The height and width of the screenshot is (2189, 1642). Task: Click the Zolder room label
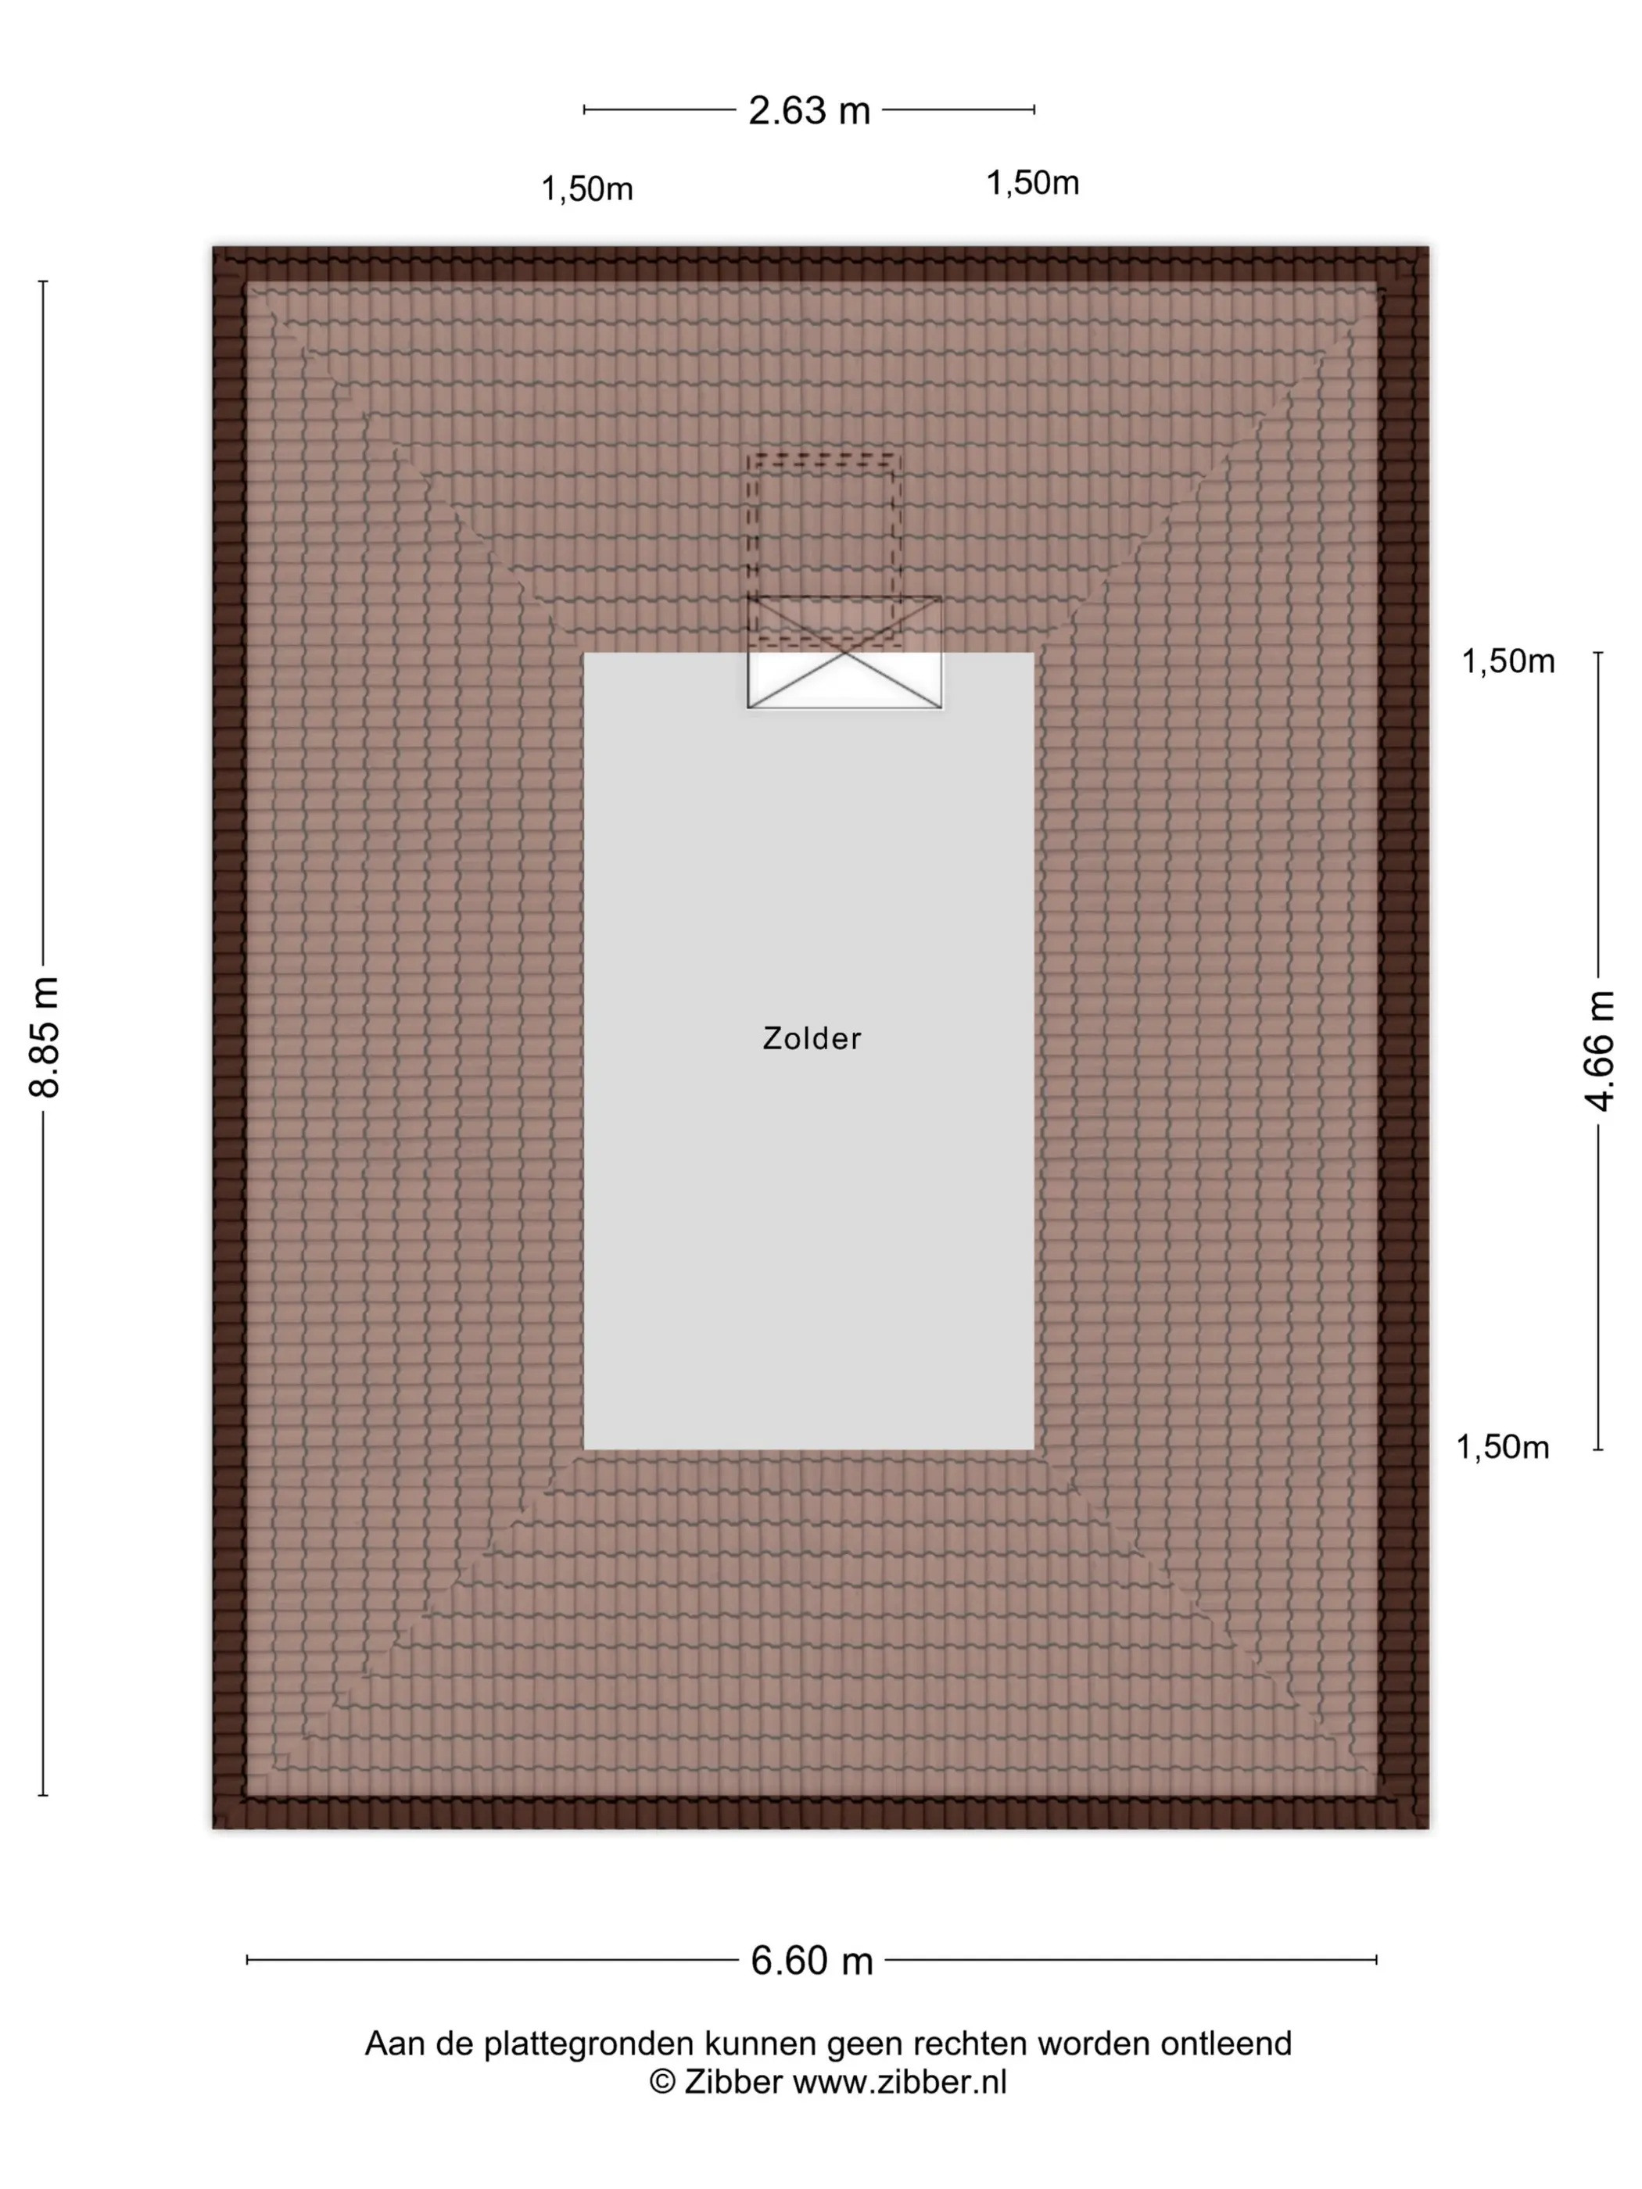812,1038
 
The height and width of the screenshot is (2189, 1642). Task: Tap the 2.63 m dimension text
808,111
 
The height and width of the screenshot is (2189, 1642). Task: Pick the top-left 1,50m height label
587,189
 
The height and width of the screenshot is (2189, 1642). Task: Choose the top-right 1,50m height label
1032,183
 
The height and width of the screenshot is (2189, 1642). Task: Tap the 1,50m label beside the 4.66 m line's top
1508,661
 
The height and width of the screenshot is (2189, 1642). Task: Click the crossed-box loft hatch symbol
844,652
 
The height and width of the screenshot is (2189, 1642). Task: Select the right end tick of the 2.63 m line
1034,110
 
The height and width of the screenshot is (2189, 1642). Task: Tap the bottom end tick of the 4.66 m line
1597,1449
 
